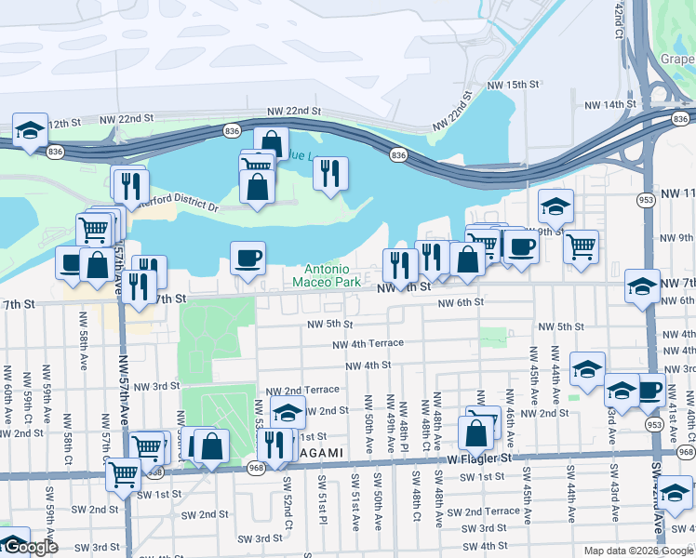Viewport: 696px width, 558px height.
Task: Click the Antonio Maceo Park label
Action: click(x=326, y=274)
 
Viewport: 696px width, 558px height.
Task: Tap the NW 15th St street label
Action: click(x=510, y=85)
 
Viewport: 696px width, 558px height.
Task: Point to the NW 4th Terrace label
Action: click(x=369, y=343)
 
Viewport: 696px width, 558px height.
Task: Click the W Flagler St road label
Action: click(x=480, y=458)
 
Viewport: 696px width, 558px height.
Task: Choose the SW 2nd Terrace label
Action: click(x=483, y=511)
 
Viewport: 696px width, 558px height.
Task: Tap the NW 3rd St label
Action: click(x=156, y=386)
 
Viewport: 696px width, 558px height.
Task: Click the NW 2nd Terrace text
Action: click(x=302, y=391)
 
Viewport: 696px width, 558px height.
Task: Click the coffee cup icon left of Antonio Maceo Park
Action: click(x=248, y=258)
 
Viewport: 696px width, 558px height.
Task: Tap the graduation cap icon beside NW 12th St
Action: click(x=30, y=129)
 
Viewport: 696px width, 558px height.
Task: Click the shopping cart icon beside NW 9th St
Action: click(x=581, y=246)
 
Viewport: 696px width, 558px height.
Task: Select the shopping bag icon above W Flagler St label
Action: click(x=475, y=432)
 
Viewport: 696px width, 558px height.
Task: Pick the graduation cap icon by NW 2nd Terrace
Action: click(x=288, y=411)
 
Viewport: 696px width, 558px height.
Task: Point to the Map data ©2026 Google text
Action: click(x=638, y=551)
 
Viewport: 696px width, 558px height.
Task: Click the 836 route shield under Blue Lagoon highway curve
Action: click(x=399, y=154)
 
